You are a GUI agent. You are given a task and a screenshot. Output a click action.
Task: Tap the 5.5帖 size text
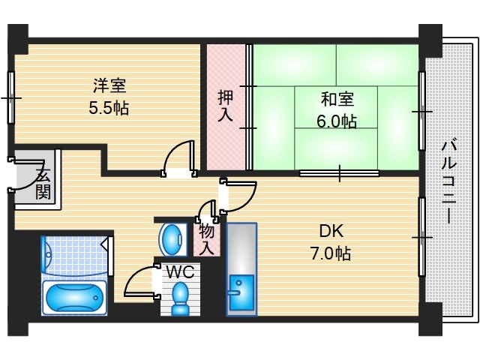109,107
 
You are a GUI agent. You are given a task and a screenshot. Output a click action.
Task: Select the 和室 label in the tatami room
337,99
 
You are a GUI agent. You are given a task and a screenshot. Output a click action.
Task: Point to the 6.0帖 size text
337,119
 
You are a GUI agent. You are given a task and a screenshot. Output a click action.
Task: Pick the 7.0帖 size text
331,253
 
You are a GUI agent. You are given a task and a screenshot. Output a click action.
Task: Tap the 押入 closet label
226,106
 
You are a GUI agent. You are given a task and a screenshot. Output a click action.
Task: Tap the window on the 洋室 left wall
11,97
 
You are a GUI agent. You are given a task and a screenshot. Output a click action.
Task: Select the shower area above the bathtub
75,255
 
